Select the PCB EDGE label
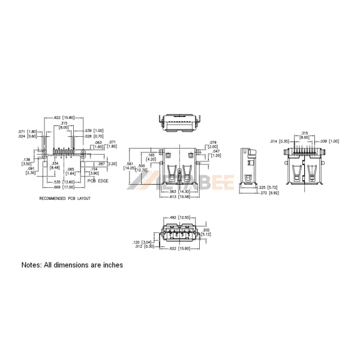point(98,180)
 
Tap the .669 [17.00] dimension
point(64,186)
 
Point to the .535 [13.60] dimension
point(64,181)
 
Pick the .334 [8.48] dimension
point(55,166)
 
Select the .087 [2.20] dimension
point(106,164)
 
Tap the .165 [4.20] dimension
point(151,158)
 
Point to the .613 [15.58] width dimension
point(180,196)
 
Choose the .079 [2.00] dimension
point(213,145)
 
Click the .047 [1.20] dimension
point(216,154)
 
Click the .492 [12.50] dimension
point(181,218)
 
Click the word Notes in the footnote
point(32,265)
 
